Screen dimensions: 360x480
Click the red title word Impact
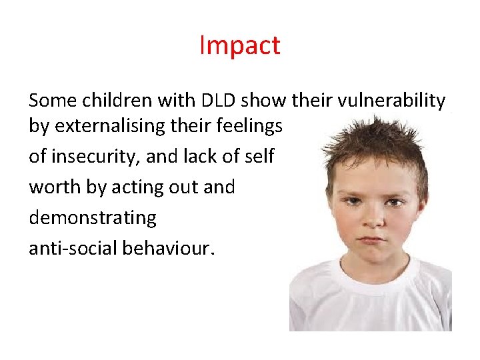[240, 45]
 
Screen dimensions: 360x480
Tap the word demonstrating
[93, 218]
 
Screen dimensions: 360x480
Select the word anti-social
[70, 248]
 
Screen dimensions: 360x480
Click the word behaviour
[166, 248]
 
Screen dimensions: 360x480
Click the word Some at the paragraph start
[49, 101]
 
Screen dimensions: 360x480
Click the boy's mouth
[373, 238]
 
